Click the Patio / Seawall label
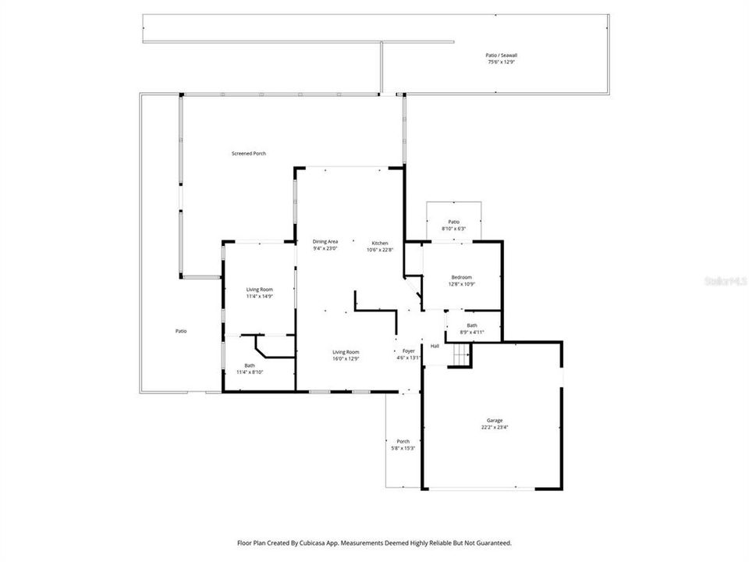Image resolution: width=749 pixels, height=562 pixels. [x=502, y=55]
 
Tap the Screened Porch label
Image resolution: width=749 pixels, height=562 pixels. [x=248, y=154]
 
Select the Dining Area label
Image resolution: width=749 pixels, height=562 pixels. [x=325, y=242]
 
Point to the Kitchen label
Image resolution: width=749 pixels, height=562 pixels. [x=379, y=243]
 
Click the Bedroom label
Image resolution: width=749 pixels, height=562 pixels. [x=462, y=277]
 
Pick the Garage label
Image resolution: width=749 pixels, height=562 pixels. [x=492, y=421]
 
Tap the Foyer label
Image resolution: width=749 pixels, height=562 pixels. [x=409, y=351]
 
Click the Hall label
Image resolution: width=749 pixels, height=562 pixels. [x=435, y=346]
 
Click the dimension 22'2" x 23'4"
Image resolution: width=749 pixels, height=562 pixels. [x=492, y=428]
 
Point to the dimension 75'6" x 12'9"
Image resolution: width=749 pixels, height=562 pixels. [x=502, y=62]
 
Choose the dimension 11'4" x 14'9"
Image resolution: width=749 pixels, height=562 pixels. [x=260, y=297]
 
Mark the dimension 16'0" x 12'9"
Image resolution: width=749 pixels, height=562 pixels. [x=346, y=358]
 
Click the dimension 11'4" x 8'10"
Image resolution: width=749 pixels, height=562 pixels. [x=250, y=372]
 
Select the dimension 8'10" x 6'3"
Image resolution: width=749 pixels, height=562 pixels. [x=453, y=229]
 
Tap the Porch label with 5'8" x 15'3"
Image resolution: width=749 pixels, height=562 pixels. [x=403, y=441]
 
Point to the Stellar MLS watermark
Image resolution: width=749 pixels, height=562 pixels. [x=725, y=279]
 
